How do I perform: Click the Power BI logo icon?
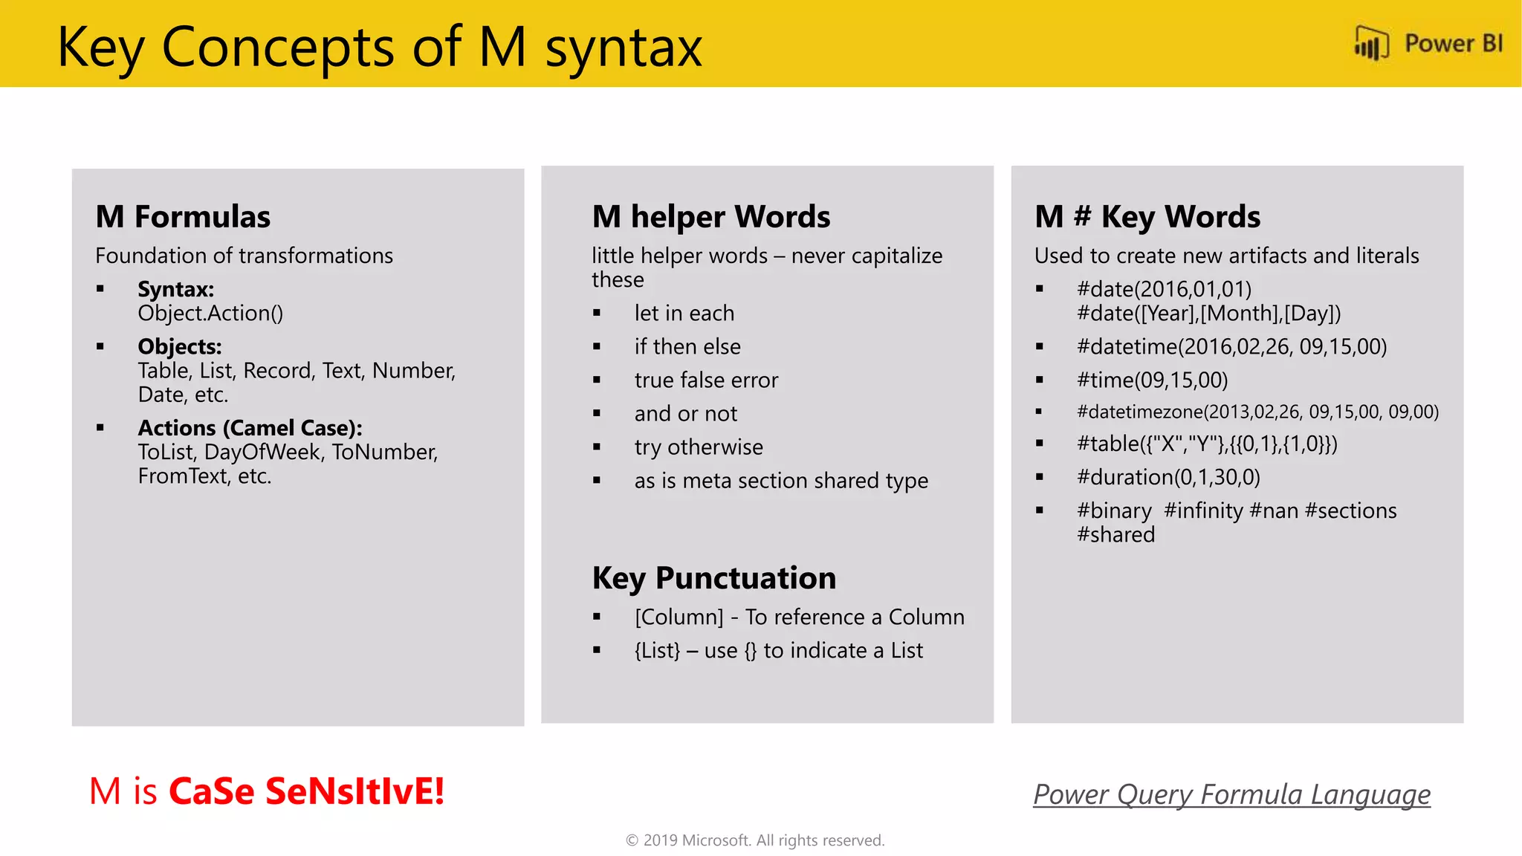1371,43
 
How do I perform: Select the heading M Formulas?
183,217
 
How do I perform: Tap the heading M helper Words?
710,217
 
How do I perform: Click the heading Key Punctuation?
713,578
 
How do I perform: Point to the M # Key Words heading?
1147,217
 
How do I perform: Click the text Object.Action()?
210,314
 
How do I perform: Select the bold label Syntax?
175,289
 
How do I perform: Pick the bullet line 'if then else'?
687,347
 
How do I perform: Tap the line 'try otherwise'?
698,447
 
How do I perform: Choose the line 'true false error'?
706,380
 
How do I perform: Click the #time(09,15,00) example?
1152,380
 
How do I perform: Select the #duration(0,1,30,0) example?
1168,477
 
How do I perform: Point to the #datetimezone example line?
1257,412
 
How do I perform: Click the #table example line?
1207,444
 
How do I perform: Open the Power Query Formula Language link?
1231,794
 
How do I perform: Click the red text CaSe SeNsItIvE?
306,791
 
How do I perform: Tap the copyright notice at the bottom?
755,840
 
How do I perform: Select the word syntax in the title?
624,48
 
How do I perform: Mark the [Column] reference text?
679,617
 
